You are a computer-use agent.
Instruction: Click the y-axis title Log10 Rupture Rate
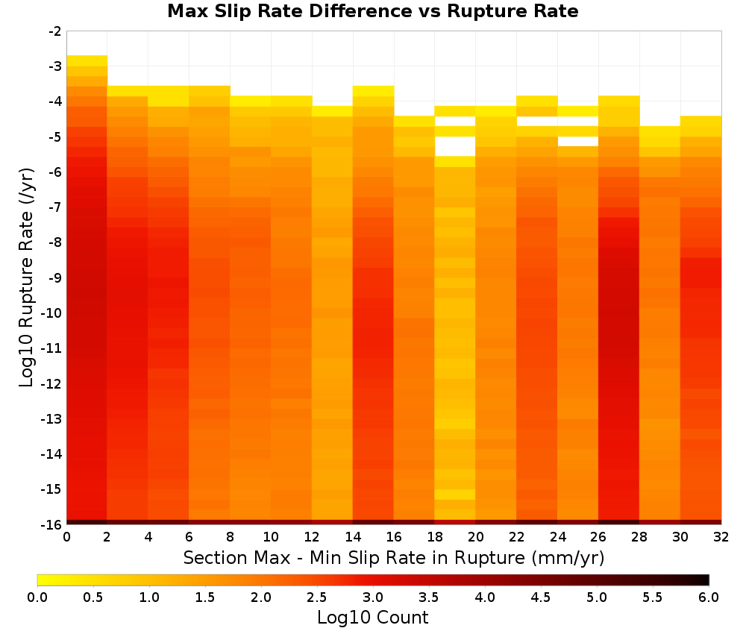(x=26, y=277)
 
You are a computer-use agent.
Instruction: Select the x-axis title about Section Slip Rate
(x=394, y=557)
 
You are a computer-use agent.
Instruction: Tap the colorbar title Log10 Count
(x=372, y=618)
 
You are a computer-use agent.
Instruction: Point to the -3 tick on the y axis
(x=55, y=66)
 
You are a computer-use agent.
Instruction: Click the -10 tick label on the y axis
(x=52, y=313)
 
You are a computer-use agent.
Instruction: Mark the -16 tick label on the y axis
(x=52, y=524)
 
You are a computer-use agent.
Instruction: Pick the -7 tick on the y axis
(x=55, y=207)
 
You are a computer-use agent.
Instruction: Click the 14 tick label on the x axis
(x=353, y=537)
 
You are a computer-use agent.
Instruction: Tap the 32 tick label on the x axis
(x=721, y=537)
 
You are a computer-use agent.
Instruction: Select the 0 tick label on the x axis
(x=66, y=537)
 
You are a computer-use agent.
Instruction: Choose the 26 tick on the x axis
(x=598, y=537)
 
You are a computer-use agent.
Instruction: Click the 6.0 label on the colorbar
(x=709, y=597)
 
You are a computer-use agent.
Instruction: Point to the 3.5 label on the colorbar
(x=428, y=597)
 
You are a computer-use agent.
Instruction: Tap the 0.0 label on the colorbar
(x=37, y=597)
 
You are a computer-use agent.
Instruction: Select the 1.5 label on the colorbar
(x=204, y=597)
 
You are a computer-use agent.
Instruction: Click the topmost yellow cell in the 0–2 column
(x=87, y=61)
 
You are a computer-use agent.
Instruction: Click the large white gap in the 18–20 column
(x=455, y=146)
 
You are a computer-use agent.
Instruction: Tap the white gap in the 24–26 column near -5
(x=578, y=141)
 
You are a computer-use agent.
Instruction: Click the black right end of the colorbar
(x=705, y=580)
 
